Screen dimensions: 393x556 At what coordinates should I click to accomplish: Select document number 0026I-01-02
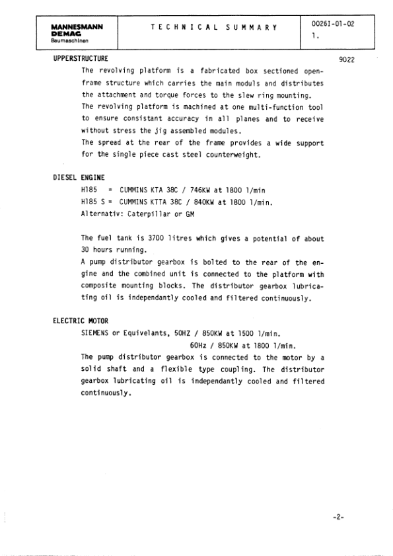point(332,24)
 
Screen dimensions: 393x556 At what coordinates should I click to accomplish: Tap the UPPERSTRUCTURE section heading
point(81,60)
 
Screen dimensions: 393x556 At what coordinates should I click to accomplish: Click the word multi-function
point(254,106)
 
